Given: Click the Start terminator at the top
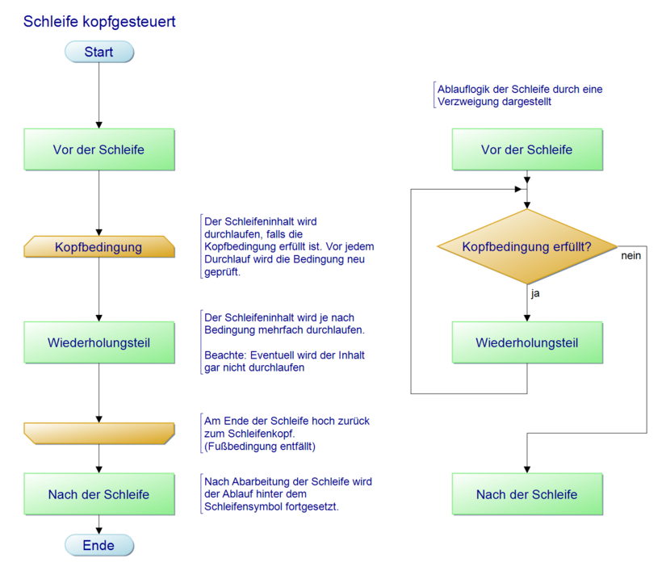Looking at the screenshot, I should [x=98, y=52].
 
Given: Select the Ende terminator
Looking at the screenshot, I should [x=98, y=545].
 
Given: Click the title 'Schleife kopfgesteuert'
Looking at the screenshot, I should [x=99, y=22].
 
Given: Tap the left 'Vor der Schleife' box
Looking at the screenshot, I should [x=98, y=149].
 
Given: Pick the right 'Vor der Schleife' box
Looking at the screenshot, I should [x=526, y=149].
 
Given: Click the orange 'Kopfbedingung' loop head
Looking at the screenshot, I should [x=98, y=246].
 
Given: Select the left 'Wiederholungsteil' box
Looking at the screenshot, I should [x=98, y=342].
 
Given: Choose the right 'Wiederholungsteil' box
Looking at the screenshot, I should [x=526, y=342].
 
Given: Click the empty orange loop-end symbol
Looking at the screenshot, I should [x=98, y=434].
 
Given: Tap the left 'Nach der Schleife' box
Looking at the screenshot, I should [x=98, y=494].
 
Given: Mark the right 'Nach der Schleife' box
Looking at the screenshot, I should [x=526, y=494].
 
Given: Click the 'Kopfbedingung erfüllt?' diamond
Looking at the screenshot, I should [x=526, y=246].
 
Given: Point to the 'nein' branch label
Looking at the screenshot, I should [x=631, y=256].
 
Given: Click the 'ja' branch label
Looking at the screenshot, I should [x=535, y=294].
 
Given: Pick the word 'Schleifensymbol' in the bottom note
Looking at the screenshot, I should [x=245, y=507].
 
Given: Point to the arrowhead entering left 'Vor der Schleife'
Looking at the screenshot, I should [x=98, y=124].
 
